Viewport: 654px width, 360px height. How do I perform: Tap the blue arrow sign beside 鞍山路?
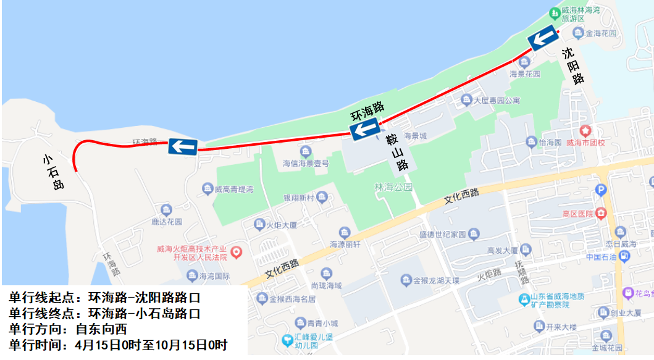(365, 129)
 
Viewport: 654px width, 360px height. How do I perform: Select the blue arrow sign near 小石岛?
(183, 146)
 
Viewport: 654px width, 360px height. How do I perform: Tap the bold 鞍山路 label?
(396, 153)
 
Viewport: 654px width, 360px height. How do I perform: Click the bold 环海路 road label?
(367, 111)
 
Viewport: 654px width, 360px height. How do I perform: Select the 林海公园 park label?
(393, 186)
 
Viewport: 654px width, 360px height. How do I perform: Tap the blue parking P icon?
(600, 190)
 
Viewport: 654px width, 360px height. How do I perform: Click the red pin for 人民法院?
(236, 252)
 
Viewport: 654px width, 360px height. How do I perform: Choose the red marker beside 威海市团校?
(585, 131)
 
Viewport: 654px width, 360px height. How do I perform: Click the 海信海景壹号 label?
(306, 164)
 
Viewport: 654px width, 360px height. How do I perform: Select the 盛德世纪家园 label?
(443, 235)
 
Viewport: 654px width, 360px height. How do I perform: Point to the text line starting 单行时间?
(118, 345)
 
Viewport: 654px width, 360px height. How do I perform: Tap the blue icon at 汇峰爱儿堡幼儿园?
(287, 340)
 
